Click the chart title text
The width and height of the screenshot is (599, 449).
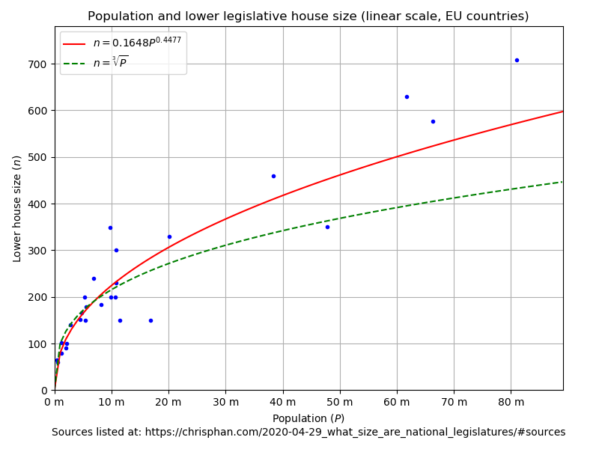click(x=308, y=16)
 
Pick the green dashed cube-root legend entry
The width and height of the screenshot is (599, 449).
click(x=110, y=63)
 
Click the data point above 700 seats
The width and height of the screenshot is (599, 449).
click(x=517, y=60)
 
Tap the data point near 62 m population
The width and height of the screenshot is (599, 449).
click(x=407, y=97)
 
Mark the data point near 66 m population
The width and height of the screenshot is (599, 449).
click(x=433, y=121)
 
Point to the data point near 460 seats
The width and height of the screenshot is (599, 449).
click(x=273, y=176)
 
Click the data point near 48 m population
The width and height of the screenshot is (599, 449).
click(x=327, y=227)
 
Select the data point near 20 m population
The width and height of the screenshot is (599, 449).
click(x=169, y=236)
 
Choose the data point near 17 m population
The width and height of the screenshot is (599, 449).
click(x=150, y=320)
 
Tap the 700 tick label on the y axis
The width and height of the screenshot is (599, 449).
click(x=38, y=64)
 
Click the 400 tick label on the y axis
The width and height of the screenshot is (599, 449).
click(x=38, y=204)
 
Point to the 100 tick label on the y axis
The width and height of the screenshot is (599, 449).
click(x=38, y=344)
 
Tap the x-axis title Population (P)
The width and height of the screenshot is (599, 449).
click(x=308, y=418)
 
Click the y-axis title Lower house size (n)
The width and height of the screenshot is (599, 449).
click(x=16, y=209)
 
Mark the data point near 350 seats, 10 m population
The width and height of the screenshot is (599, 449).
click(x=110, y=227)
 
